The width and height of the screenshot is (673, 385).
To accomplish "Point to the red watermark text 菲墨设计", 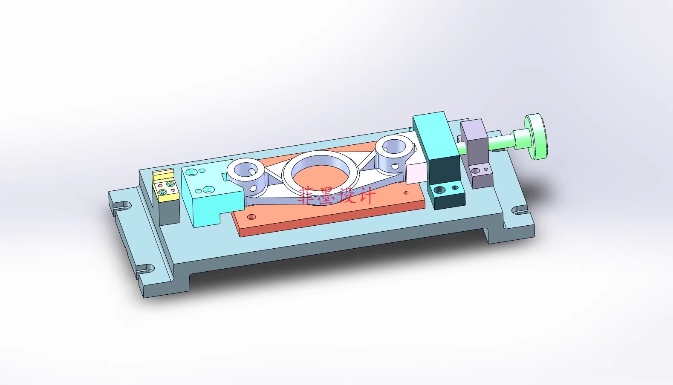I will [337, 195].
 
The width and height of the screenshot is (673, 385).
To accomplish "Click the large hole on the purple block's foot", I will [476, 172].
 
